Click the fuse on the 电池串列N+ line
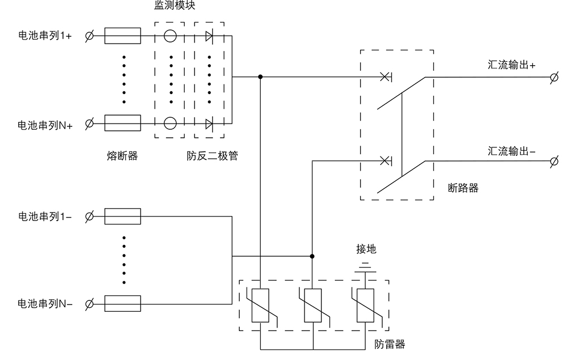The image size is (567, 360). (x=123, y=122)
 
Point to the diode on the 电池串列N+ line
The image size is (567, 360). (x=209, y=122)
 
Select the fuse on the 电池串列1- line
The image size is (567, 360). (x=123, y=216)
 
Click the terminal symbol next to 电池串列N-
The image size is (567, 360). (x=90, y=304)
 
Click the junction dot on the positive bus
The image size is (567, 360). (x=260, y=77)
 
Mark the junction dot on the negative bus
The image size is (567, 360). (x=312, y=256)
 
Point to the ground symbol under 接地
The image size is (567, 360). (x=366, y=265)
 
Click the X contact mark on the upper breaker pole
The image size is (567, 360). (x=384, y=76)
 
